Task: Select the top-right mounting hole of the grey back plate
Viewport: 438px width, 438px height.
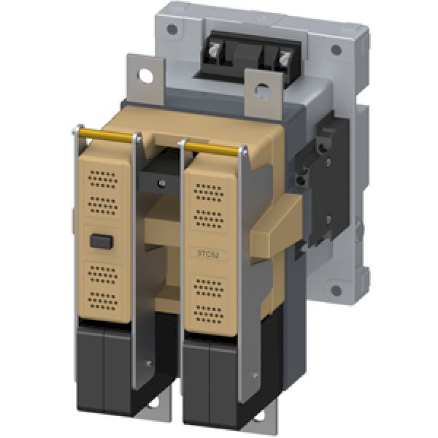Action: coord(335,51)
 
